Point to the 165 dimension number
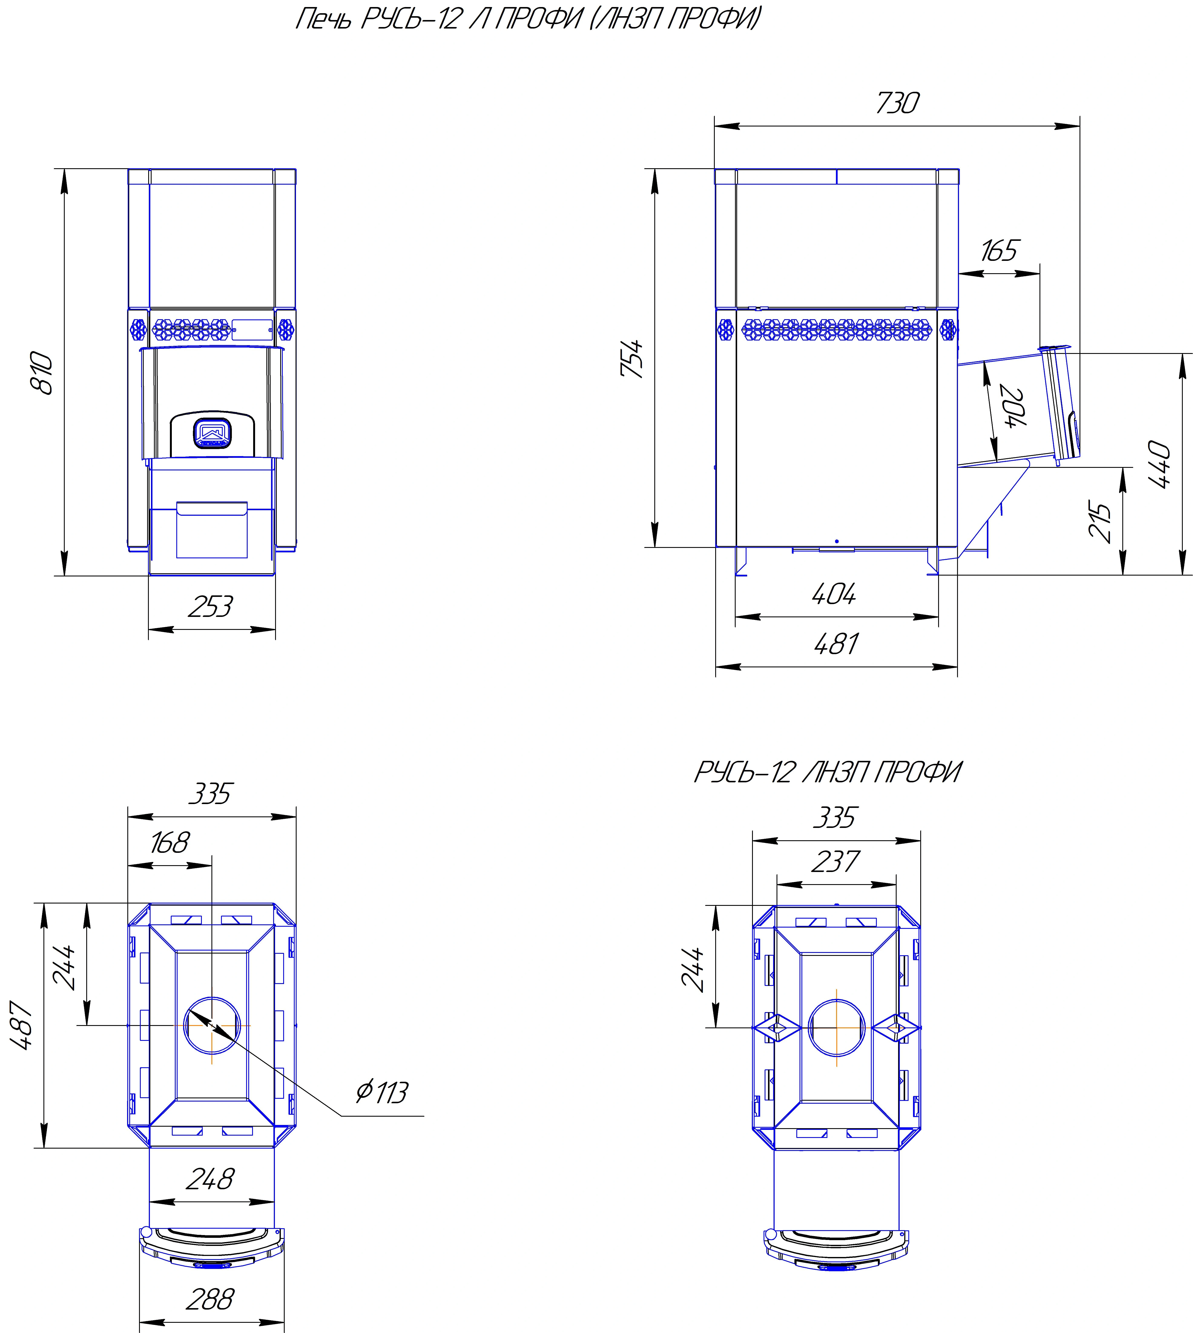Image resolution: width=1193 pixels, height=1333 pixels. [999, 250]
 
